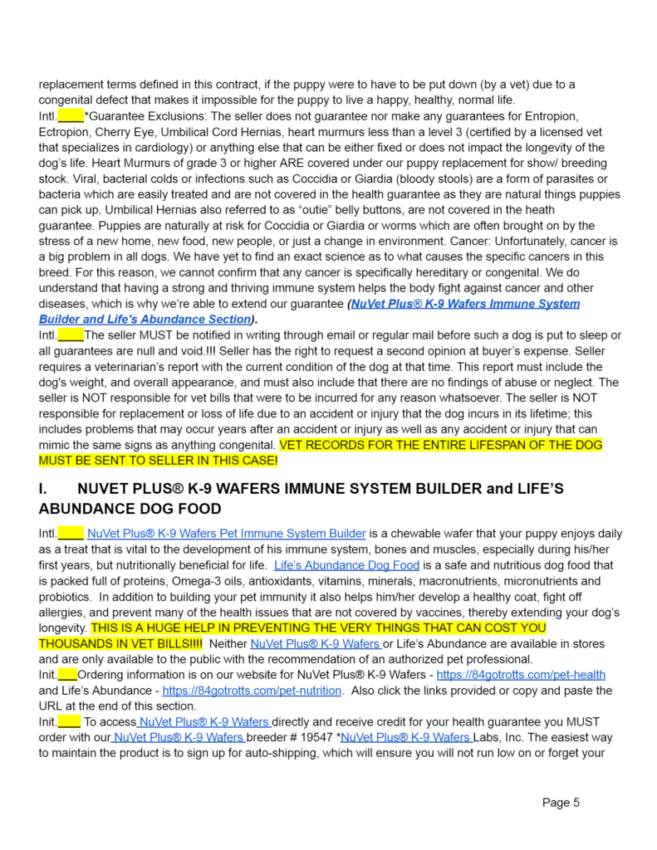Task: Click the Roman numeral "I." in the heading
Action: [x=45, y=490]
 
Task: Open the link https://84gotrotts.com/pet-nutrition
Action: [x=252, y=691]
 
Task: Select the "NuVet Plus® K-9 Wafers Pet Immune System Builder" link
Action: [x=226, y=534]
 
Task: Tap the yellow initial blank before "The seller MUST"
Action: [x=71, y=335]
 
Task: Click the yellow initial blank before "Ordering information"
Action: [x=68, y=675]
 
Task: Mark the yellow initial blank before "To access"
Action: [x=69, y=722]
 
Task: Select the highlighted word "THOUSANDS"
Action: [x=71, y=643]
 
